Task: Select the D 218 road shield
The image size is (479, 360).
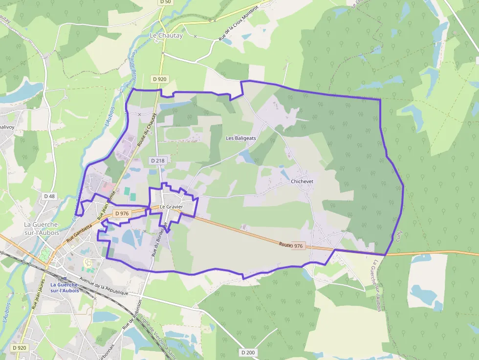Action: tap(157, 161)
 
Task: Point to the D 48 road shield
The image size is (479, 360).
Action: tap(49, 196)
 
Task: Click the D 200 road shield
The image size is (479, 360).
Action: tap(248, 352)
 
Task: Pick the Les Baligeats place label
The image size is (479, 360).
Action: tap(241, 138)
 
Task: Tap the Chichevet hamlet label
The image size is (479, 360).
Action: tap(302, 181)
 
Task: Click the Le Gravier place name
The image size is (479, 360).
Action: tap(171, 207)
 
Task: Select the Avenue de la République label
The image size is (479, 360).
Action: tap(104, 286)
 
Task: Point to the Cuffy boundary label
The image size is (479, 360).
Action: tap(398, 236)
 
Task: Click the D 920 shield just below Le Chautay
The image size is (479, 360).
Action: tap(159, 79)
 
